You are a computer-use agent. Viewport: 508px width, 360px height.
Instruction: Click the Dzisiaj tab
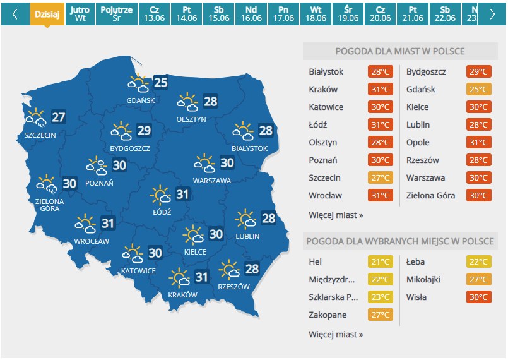(x=47, y=14)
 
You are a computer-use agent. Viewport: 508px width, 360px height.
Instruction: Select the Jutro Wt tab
(x=80, y=14)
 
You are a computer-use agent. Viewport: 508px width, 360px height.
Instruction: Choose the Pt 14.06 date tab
(x=187, y=14)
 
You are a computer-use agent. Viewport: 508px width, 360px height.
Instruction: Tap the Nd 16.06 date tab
(x=251, y=14)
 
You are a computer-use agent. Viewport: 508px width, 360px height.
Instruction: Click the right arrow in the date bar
(x=492, y=15)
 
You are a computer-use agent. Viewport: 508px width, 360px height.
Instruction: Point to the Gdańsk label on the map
(x=140, y=100)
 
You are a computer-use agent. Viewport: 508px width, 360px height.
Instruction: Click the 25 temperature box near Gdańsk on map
(x=161, y=82)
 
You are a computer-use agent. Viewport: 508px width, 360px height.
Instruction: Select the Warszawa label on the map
(x=211, y=180)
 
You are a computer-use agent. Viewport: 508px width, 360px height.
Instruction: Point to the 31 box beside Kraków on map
(x=201, y=277)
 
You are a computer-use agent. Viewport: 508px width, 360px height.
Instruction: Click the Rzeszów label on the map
(x=233, y=286)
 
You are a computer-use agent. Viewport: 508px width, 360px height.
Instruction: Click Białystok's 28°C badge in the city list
(x=380, y=72)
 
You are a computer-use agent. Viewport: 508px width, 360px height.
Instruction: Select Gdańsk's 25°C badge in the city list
(x=478, y=90)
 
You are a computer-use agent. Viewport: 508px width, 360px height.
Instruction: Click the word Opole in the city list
(x=418, y=143)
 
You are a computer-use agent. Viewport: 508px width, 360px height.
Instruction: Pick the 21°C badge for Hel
(x=380, y=262)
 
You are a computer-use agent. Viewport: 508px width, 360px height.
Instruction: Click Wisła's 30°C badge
(x=478, y=297)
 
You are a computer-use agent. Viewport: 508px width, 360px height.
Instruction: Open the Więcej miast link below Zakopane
(x=336, y=334)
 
